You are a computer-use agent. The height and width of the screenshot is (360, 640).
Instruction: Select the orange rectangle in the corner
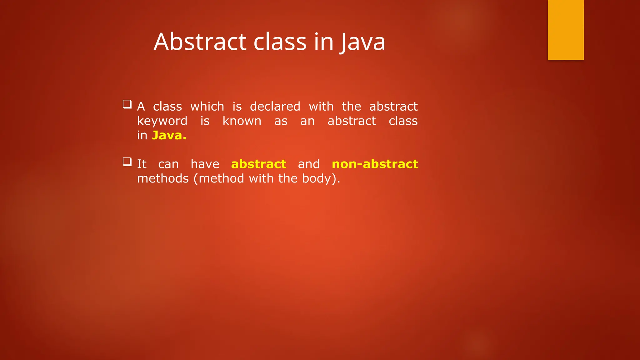pyautogui.click(x=566, y=30)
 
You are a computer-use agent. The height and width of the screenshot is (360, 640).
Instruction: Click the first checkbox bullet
pyautogui.click(x=127, y=104)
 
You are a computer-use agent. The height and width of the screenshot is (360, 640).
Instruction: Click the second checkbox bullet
pyautogui.click(x=127, y=162)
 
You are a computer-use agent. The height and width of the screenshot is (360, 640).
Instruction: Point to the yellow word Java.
pyautogui.click(x=169, y=135)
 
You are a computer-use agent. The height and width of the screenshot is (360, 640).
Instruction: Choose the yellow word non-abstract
pyautogui.click(x=375, y=164)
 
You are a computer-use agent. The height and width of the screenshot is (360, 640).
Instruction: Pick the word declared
pyautogui.click(x=275, y=107)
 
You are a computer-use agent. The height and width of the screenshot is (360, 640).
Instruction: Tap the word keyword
pyautogui.click(x=162, y=121)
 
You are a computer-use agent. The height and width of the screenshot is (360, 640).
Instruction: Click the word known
pyautogui.click(x=242, y=121)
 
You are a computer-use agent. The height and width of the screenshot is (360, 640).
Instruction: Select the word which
pyautogui.click(x=207, y=107)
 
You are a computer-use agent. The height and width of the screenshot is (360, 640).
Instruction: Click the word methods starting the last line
pyautogui.click(x=163, y=178)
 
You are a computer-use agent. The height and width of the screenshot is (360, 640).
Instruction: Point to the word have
pyautogui.click(x=205, y=164)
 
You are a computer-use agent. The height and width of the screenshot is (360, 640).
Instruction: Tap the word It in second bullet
pyautogui.click(x=142, y=164)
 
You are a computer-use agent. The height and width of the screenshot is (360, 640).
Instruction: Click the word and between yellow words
pyautogui.click(x=309, y=164)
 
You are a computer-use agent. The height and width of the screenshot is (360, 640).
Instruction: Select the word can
pyautogui.click(x=168, y=164)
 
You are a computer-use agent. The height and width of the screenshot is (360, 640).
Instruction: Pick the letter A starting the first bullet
pyautogui.click(x=141, y=107)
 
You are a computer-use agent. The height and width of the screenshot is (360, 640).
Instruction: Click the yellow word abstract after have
pyautogui.click(x=258, y=164)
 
